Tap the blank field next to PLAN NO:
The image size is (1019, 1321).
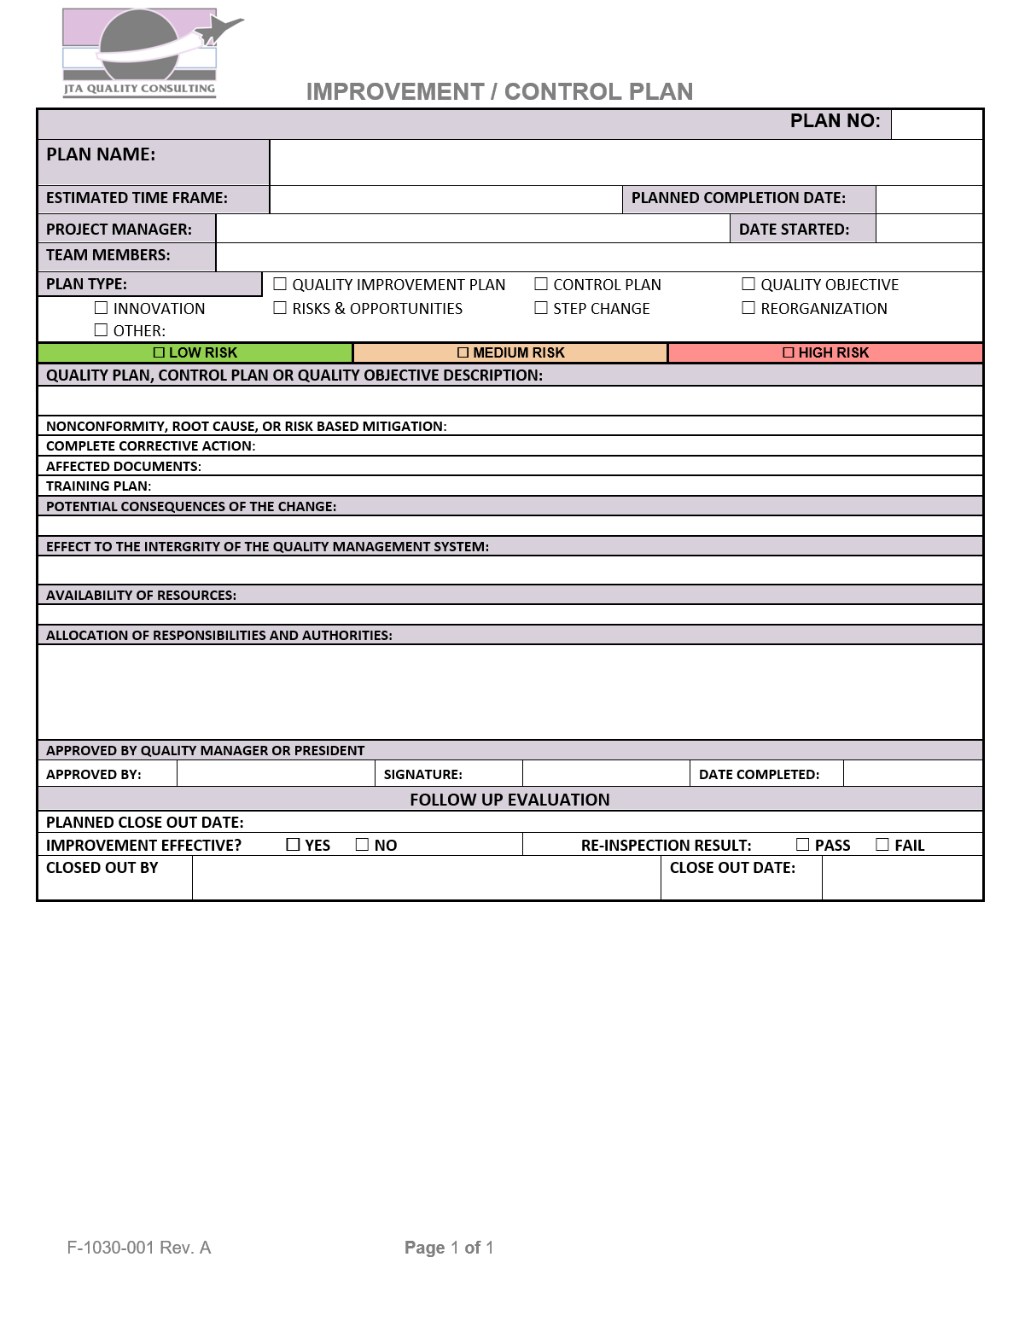tap(936, 124)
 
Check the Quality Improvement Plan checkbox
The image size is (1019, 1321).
tap(280, 284)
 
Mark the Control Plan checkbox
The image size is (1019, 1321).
tap(541, 284)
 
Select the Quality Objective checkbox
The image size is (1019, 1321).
tap(748, 284)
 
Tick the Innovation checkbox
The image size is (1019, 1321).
tap(102, 308)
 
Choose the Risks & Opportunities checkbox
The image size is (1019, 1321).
tap(280, 308)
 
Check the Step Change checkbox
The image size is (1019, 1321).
tap(541, 308)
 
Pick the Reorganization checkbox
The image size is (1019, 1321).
tap(748, 308)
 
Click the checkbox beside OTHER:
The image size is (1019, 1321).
tap(102, 330)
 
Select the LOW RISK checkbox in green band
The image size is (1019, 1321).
tap(159, 352)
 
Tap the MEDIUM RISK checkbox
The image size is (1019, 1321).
tap(463, 352)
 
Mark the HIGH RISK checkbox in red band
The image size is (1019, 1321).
tap(789, 352)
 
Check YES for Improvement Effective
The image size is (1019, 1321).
tap(294, 845)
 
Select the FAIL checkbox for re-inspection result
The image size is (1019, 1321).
tap(882, 845)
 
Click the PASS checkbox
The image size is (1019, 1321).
tap(803, 845)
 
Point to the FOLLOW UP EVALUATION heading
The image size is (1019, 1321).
tap(509, 800)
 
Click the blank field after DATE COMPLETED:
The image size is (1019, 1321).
tap(912, 774)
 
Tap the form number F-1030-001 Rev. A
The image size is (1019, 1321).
tap(139, 1248)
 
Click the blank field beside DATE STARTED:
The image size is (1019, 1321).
tap(929, 229)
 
